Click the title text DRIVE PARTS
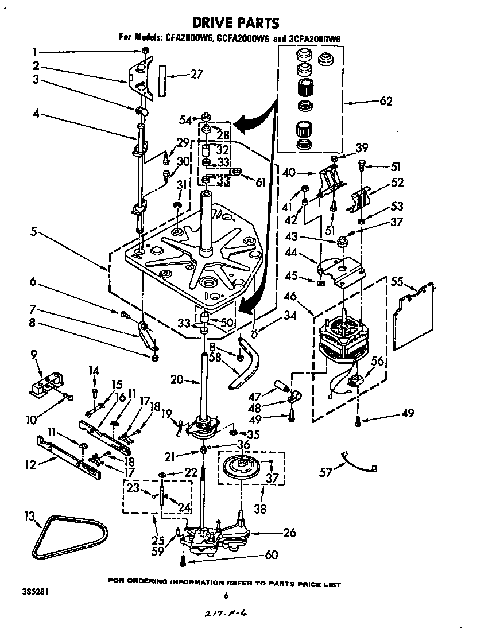235,22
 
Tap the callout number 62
385,101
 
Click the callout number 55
397,282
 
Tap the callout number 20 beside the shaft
177,379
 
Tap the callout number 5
34,233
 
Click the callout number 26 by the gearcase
289,533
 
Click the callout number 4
36,114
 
